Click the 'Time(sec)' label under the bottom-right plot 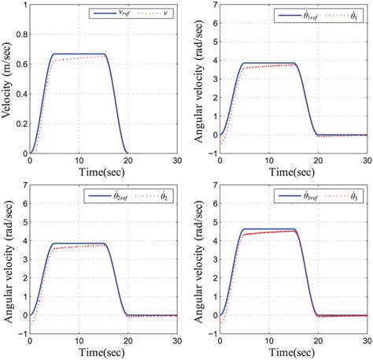293,352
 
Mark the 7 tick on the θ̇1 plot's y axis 211,5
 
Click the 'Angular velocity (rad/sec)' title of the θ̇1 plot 197,79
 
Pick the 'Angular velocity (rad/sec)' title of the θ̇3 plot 197,260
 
